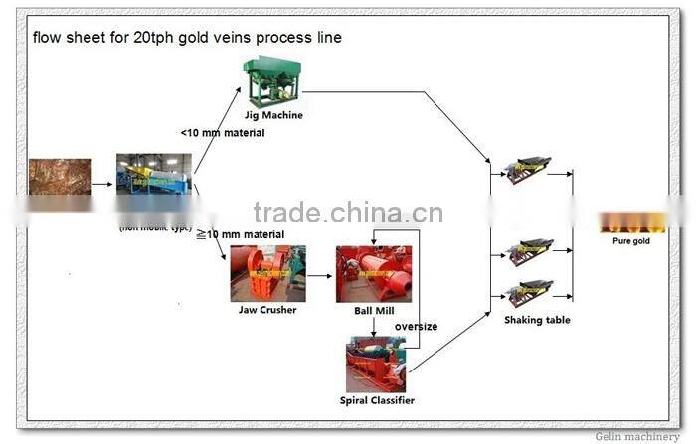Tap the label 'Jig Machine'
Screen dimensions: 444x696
(x=272, y=115)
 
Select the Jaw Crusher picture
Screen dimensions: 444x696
(x=267, y=273)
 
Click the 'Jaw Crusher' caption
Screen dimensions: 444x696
(x=268, y=309)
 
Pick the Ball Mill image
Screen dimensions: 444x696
(x=373, y=273)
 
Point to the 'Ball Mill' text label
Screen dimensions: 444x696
(x=373, y=309)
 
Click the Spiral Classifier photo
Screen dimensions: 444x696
(x=375, y=365)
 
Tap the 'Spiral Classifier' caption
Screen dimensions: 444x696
(x=376, y=400)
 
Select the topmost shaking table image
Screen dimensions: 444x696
(x=523, y=171)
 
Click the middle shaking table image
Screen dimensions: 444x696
(x=527, y=252)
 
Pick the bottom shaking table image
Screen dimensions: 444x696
(x=526, y=292)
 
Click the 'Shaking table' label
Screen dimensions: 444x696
(x=536, y=320)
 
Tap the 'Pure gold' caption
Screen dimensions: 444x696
(x=630, y=241)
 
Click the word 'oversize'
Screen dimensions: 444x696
(x=416, y=326)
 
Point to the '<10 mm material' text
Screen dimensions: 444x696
(x=223, y=132)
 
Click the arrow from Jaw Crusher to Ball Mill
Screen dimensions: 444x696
(x=320, y=275)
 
